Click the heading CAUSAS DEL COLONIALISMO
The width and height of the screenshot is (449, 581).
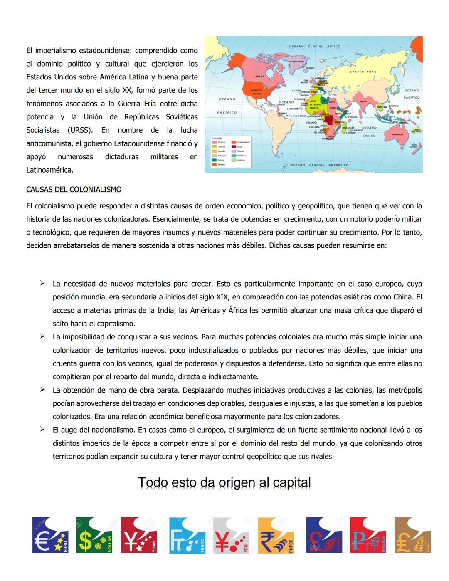pyautogui.click(x=74, y=190)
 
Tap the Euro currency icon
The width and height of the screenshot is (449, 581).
pyautogui.click(x=50, y=535)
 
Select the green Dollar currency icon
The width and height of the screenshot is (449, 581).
pyautogui.click(x=94, y=535)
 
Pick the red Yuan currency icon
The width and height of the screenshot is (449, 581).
pyautogui.click(x=139, y=535)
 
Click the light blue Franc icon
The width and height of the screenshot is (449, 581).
pyautogui.click(x=187, y=535)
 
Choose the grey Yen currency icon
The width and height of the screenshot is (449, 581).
pyautogui.click(x=231, y=535)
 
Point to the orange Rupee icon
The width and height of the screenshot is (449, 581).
pyautogui.click(x=276, y=535)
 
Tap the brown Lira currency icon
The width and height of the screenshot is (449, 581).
pyautogui.click(x=412, y=535)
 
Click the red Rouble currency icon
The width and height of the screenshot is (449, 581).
pyautogui.click(x=368, y=535)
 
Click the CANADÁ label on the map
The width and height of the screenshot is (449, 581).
pyautogui.click(x=259, y=77)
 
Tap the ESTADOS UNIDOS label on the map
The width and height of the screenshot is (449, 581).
pyautogui.click(x=257, y=91)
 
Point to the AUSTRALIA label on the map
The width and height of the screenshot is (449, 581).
pyautogui.click(x=398, y=135)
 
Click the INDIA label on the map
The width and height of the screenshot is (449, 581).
pyautogui.click(x=363, y=101)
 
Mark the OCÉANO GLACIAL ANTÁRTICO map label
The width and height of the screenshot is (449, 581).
pyautogui.click(x=319, y=165)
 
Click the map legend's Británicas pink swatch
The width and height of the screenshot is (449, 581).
pyautogui.click(x=215, y=142)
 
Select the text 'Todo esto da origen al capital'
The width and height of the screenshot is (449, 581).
pyautogui.click(x=224, y=483)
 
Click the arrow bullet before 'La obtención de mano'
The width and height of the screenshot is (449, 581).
pyautogui.click(x=42, y=390)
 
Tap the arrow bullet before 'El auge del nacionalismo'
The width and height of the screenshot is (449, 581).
pyautogui.click(x=42, y=430)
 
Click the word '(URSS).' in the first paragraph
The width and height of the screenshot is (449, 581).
pyautogui.click(x=80, y=130)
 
